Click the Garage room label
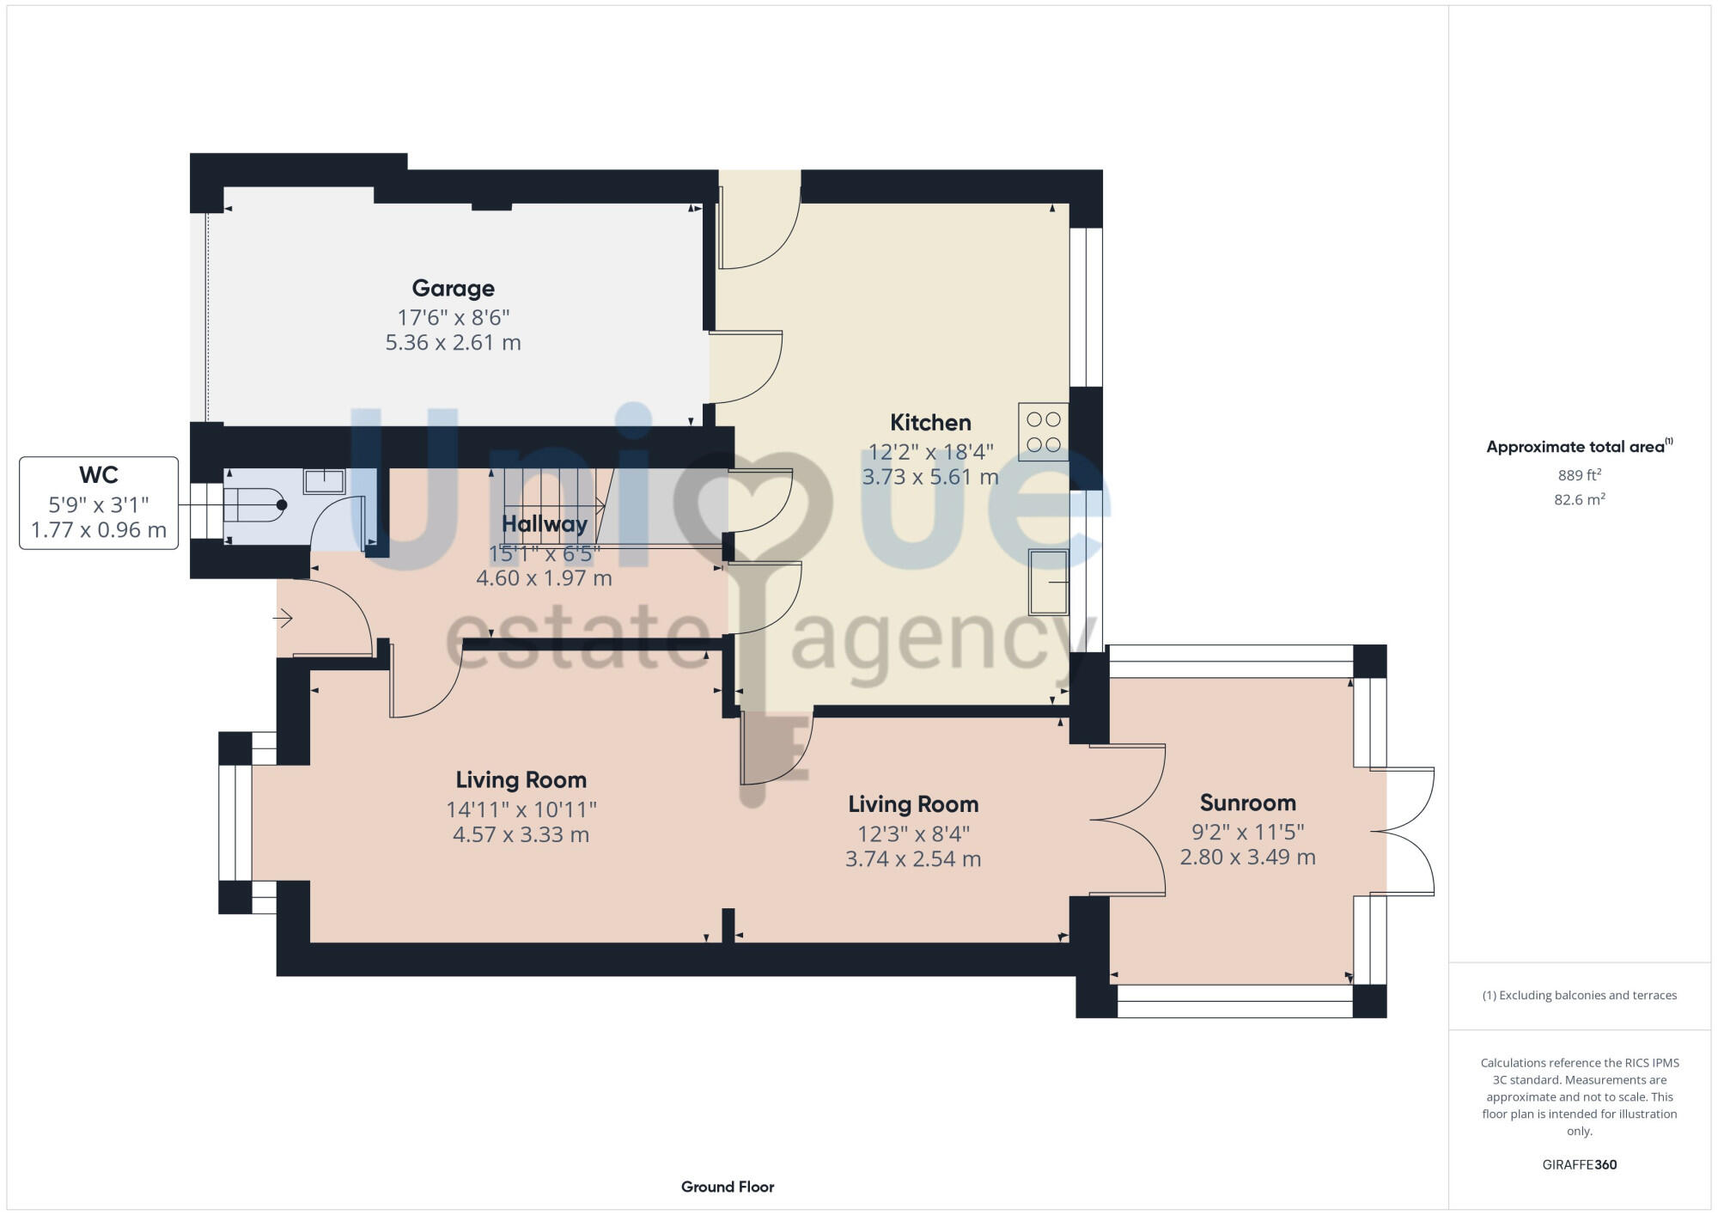(x=453, y=288)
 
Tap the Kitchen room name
(x=930, y=423)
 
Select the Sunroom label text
(x=1247, y=803)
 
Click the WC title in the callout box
(x=99, y=475)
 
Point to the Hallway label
(x=544, y=523)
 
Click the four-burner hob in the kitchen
(x=1044, y=432)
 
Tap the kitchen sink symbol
(x=1049, y=582)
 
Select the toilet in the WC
(x=254, y=505)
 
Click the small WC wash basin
(x=325, y=480)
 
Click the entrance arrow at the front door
(x=283, y=618)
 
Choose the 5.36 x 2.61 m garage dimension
(x=453, y=343)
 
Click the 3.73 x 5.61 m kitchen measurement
(x=930, y=477)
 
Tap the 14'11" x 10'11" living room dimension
(x=521, y=809)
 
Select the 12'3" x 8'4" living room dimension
(x=913, y=833)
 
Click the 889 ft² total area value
(x=1579, y=475)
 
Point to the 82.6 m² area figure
(x=1579, y=499)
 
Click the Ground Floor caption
(x=728, y=1187)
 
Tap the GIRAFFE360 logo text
(x=1579, y=1165)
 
